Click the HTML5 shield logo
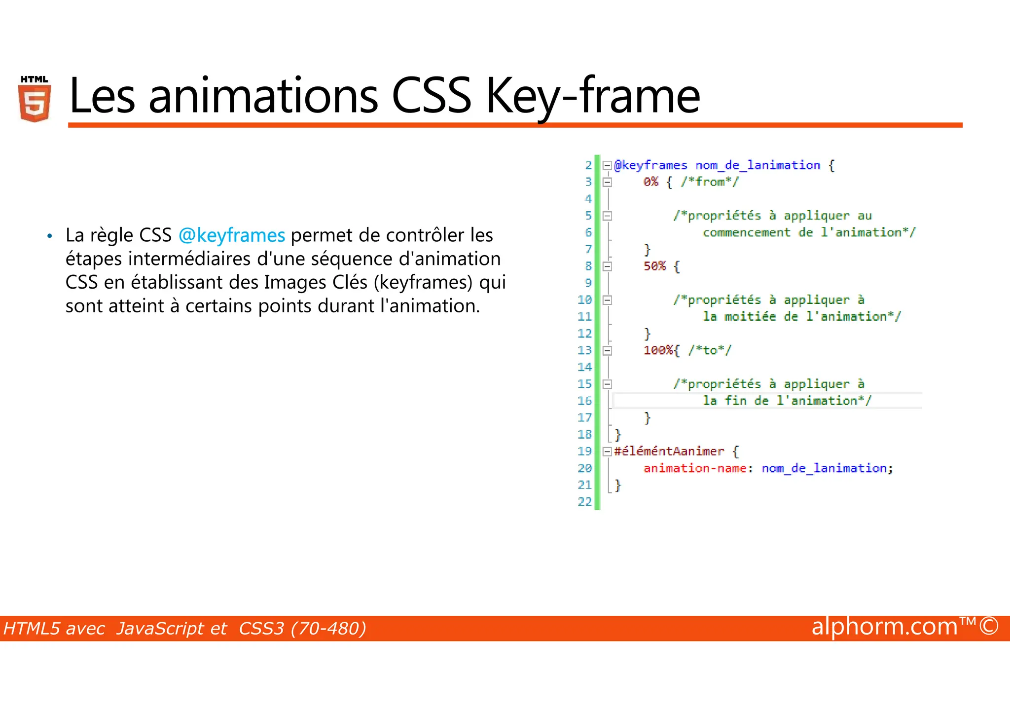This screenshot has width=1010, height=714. pos(35,99)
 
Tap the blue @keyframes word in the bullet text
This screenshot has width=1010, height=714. pos(232,235)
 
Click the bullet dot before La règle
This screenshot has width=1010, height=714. pos(49,236)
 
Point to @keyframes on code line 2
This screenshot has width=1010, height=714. pos(650,165)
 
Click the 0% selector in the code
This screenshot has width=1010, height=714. pos(651,182)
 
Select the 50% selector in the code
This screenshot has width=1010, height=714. pos(654,266)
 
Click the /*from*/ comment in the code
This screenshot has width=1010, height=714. pos(710,182)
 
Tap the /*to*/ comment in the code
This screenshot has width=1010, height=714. pos(710,350)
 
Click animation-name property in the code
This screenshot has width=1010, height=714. pos(694,468)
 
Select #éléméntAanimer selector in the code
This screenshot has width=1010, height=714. pos(669,451)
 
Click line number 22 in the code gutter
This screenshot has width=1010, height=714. pos(584,502)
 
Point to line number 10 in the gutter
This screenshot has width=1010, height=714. pos(584,300)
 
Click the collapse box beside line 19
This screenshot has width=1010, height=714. pos(608,451)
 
